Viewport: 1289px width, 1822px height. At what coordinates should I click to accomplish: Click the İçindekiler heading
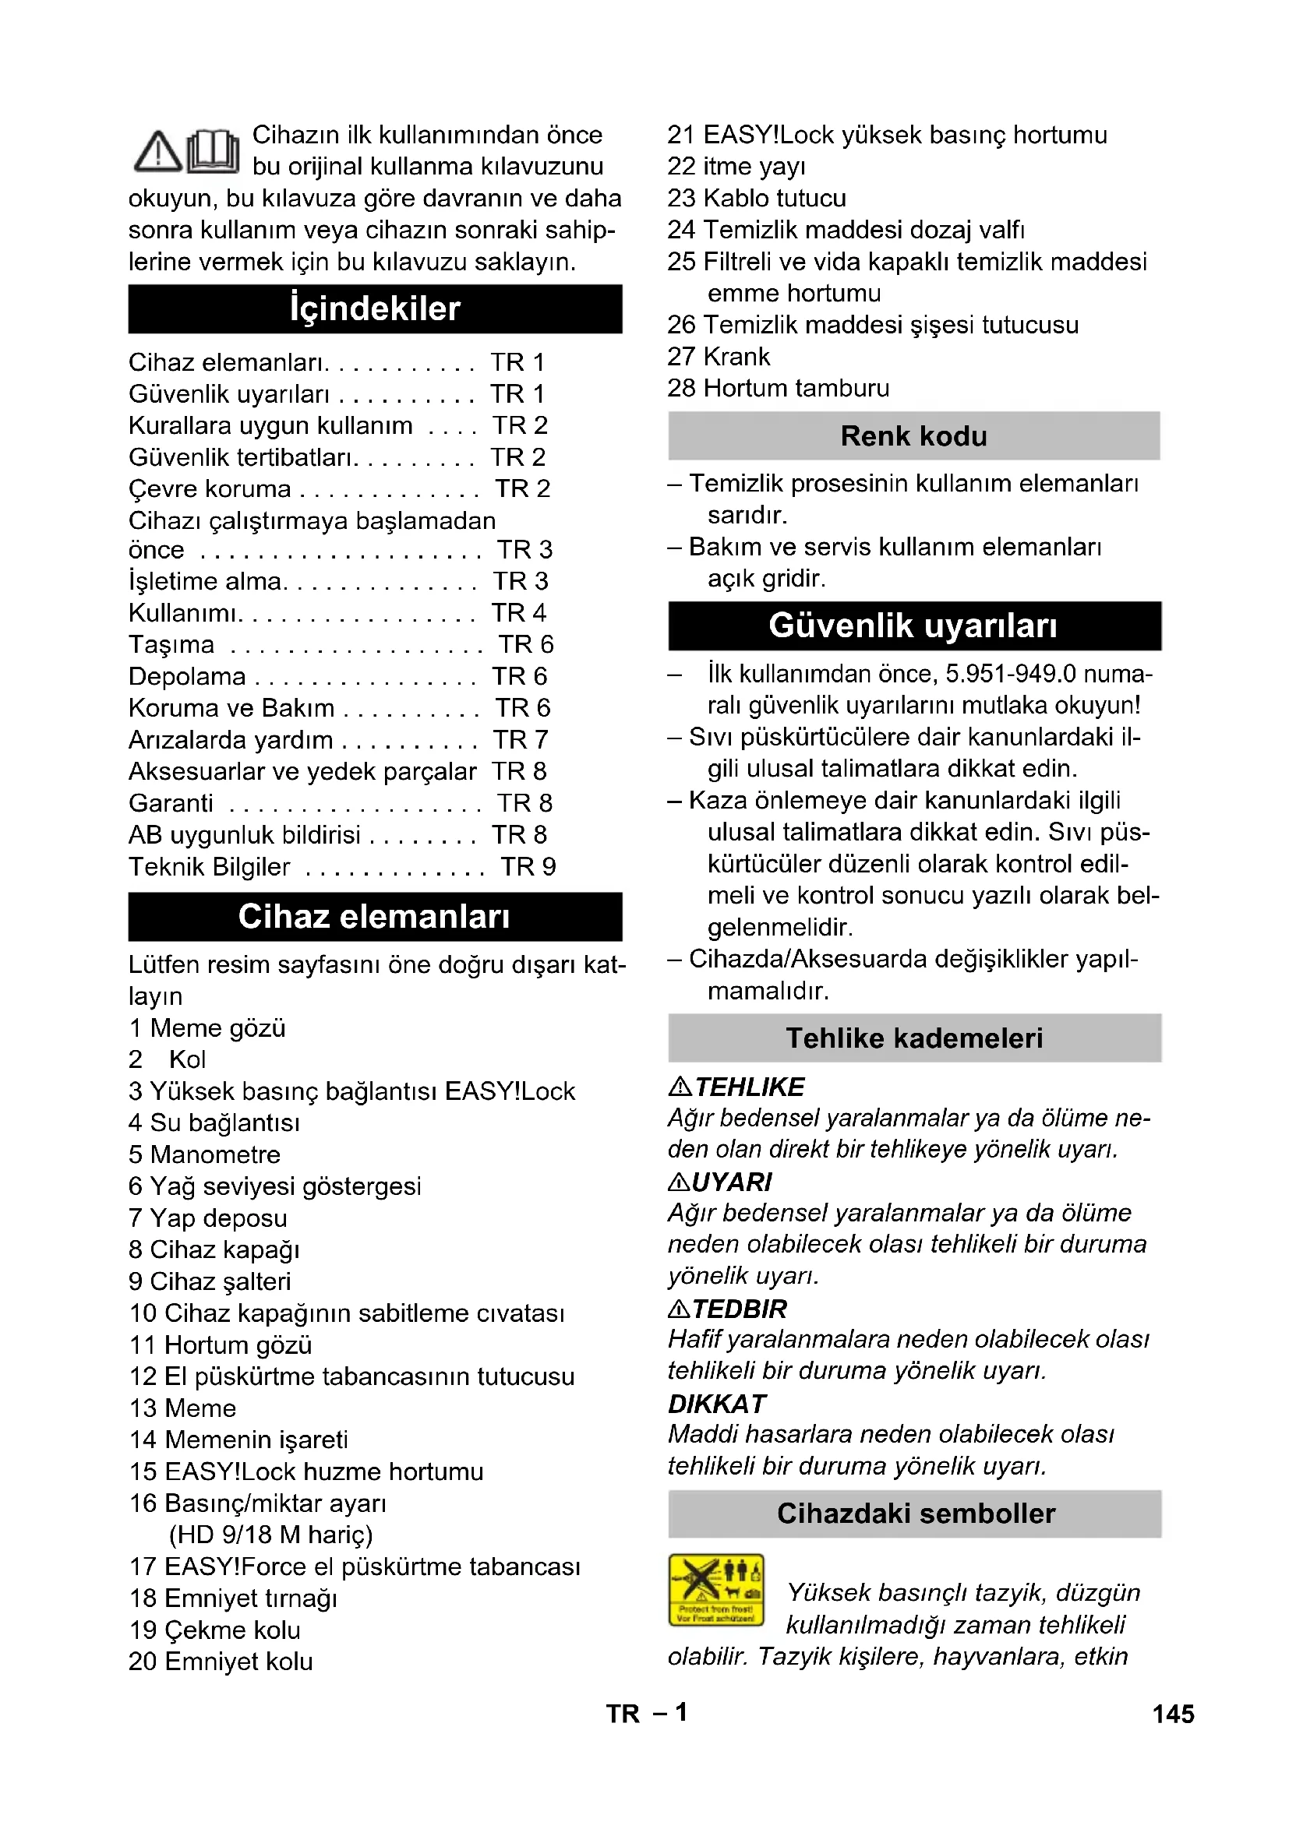[x=375, y=308]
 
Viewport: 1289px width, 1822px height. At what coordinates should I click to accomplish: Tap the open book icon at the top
[x=213, y=151]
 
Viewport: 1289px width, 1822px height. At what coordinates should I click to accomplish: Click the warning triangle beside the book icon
[x=158, y=152]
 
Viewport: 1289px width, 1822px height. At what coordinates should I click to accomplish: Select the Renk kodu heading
[x=913, y=435]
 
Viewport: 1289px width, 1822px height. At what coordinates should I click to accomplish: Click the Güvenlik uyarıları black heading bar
[x=913, y=626]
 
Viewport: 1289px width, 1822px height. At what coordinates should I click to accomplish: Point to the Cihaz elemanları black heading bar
[x=375, y=917]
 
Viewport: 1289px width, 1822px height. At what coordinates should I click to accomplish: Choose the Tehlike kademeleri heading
[x=913, y=1038]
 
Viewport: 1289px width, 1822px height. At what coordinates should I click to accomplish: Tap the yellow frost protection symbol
[x=716, y=1591]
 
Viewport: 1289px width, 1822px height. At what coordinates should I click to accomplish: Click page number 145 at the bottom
[x=1173, y=1714]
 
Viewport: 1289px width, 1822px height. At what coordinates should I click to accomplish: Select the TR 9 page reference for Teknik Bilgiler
[x=528, y=866]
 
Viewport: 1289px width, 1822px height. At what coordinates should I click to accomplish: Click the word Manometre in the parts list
[x=215, y=1154]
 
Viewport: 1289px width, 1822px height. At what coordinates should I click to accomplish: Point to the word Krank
[x=736, y=357]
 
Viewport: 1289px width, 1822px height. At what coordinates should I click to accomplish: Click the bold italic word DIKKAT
[x=717, y=1404]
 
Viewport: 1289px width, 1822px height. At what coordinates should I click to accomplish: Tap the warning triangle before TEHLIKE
[x=680, y=1086]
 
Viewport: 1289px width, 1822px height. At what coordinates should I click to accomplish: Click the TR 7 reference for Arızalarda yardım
[x=520, y=739]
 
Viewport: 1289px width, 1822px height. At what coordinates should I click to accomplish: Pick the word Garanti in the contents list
[x=171, y=803]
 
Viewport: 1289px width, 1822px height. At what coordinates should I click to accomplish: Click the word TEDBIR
[x=740, y=1309]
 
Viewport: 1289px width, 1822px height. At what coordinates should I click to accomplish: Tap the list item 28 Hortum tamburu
[x=778, y=388]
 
